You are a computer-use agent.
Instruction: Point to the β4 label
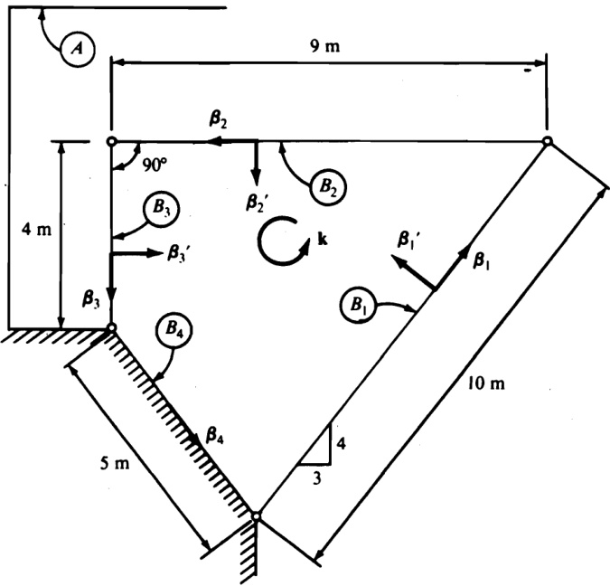point(214,439)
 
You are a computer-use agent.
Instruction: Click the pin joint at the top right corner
point(547,141)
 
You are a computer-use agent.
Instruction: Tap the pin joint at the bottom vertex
point(256,516)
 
